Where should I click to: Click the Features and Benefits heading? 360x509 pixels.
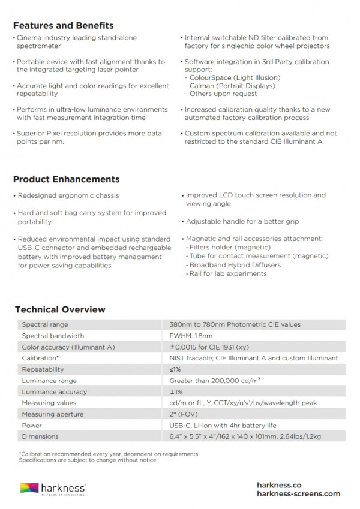pyautogui.click(x=63, y=26)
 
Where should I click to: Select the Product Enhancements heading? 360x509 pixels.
pyautogui.click(x=66, y=179)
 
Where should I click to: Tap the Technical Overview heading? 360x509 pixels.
pyautogui.click(x=60, y=309)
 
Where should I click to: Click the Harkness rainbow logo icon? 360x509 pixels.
pyautogui.click(x=30, y=488)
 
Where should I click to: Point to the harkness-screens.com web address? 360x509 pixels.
pyautogui.click(x=298, y=494)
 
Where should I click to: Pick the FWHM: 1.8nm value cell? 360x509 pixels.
pyautogui.click(x=191, y=336)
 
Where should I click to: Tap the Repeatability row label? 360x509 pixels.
pyautogui.click(x=43, y=369)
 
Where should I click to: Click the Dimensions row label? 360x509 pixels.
pyautogui.click(x=40, y=437)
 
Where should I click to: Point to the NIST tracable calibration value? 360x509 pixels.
pyautogui.click(x=253, y=358)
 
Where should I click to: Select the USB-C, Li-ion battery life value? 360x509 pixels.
pyautogui.click(x=223, y=426)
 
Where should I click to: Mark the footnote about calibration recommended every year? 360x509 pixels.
pyautogui.click(x=109, y=454)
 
